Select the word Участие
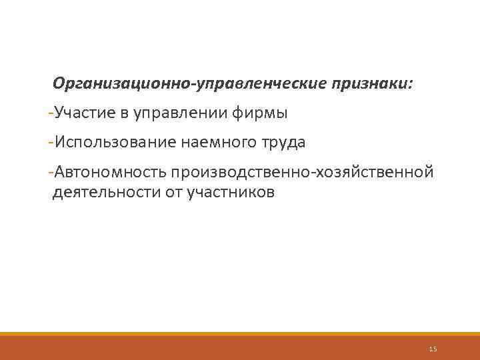pyautogui.click(x=84, y=113)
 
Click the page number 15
pyautogui.click(x=433, y=348)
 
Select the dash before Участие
pyautogui.click(x=51, y=113)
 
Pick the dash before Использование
pyautogui.click(x=51, y=142)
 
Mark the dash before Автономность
pyautogui.click(x=51, y=173)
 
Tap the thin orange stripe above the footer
pyautogui.click(x=240, y=334)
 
